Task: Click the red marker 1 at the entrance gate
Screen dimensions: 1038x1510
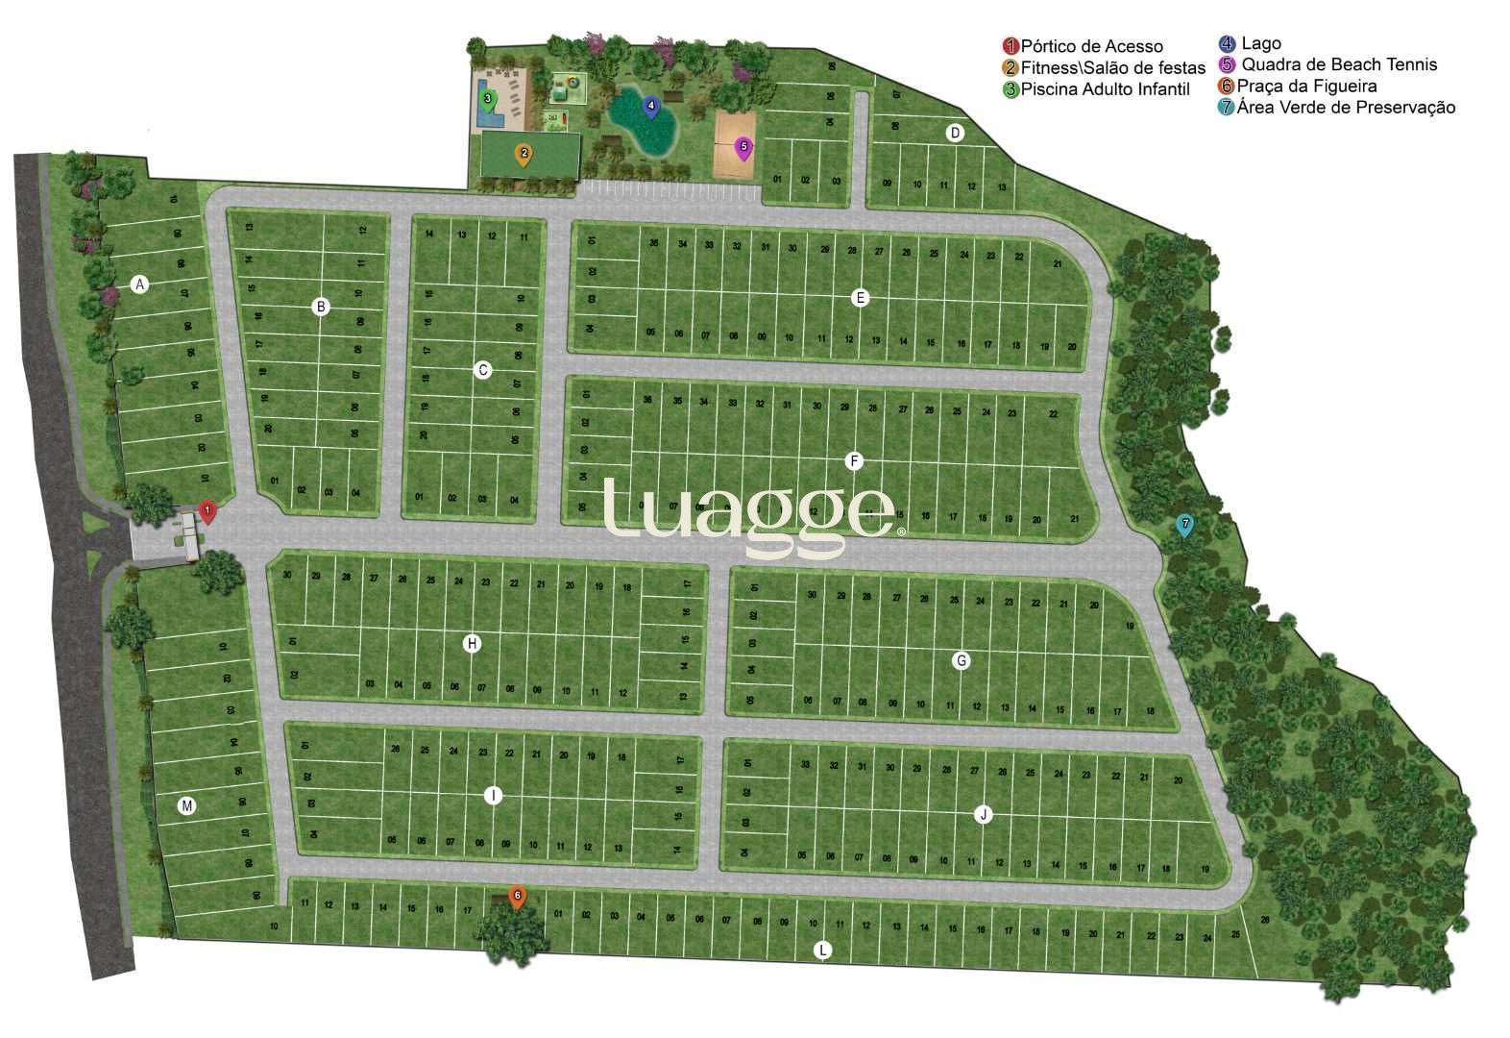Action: coord(207,510)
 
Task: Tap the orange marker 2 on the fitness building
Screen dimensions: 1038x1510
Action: coord(524,154)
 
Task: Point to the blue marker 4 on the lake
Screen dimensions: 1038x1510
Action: coord(650,106)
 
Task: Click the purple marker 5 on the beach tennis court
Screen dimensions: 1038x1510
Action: coord(743,147)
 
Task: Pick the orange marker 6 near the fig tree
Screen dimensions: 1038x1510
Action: coord(517,897)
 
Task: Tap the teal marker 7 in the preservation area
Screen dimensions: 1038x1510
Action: coord(1185,526)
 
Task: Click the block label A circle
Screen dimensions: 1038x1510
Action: coord(140,284)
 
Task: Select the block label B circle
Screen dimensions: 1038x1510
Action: coord(321,308)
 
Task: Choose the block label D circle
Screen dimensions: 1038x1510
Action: coord(955,133)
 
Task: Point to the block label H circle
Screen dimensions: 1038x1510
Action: coord(472,644)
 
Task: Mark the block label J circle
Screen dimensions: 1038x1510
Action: coord(983,815)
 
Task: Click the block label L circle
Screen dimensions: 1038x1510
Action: coord(822,951)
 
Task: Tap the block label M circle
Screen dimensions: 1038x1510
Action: coord(187,806)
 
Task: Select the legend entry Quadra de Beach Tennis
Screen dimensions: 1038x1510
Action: coord(1338,64)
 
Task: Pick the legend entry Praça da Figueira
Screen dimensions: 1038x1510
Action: coord(1306,86)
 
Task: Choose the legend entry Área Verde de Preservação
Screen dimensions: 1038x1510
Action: coord(1345,107)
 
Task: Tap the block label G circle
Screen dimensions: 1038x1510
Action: coord(961,660)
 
